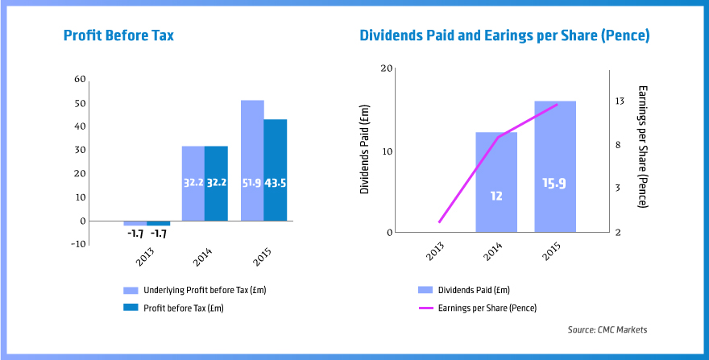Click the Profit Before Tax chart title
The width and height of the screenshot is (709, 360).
(x=118, y=36)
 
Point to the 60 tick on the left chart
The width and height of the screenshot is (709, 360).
(x=79, y=79)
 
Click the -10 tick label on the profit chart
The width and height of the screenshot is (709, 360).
(x=77, y=244)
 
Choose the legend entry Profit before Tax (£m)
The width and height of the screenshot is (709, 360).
(x=183, y=308)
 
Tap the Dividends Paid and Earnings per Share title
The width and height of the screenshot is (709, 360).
(x=504, y=36)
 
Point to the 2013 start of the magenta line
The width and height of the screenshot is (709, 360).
(x=439, y=222)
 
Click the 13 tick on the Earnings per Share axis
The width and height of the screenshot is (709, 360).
(x=620, y=101)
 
